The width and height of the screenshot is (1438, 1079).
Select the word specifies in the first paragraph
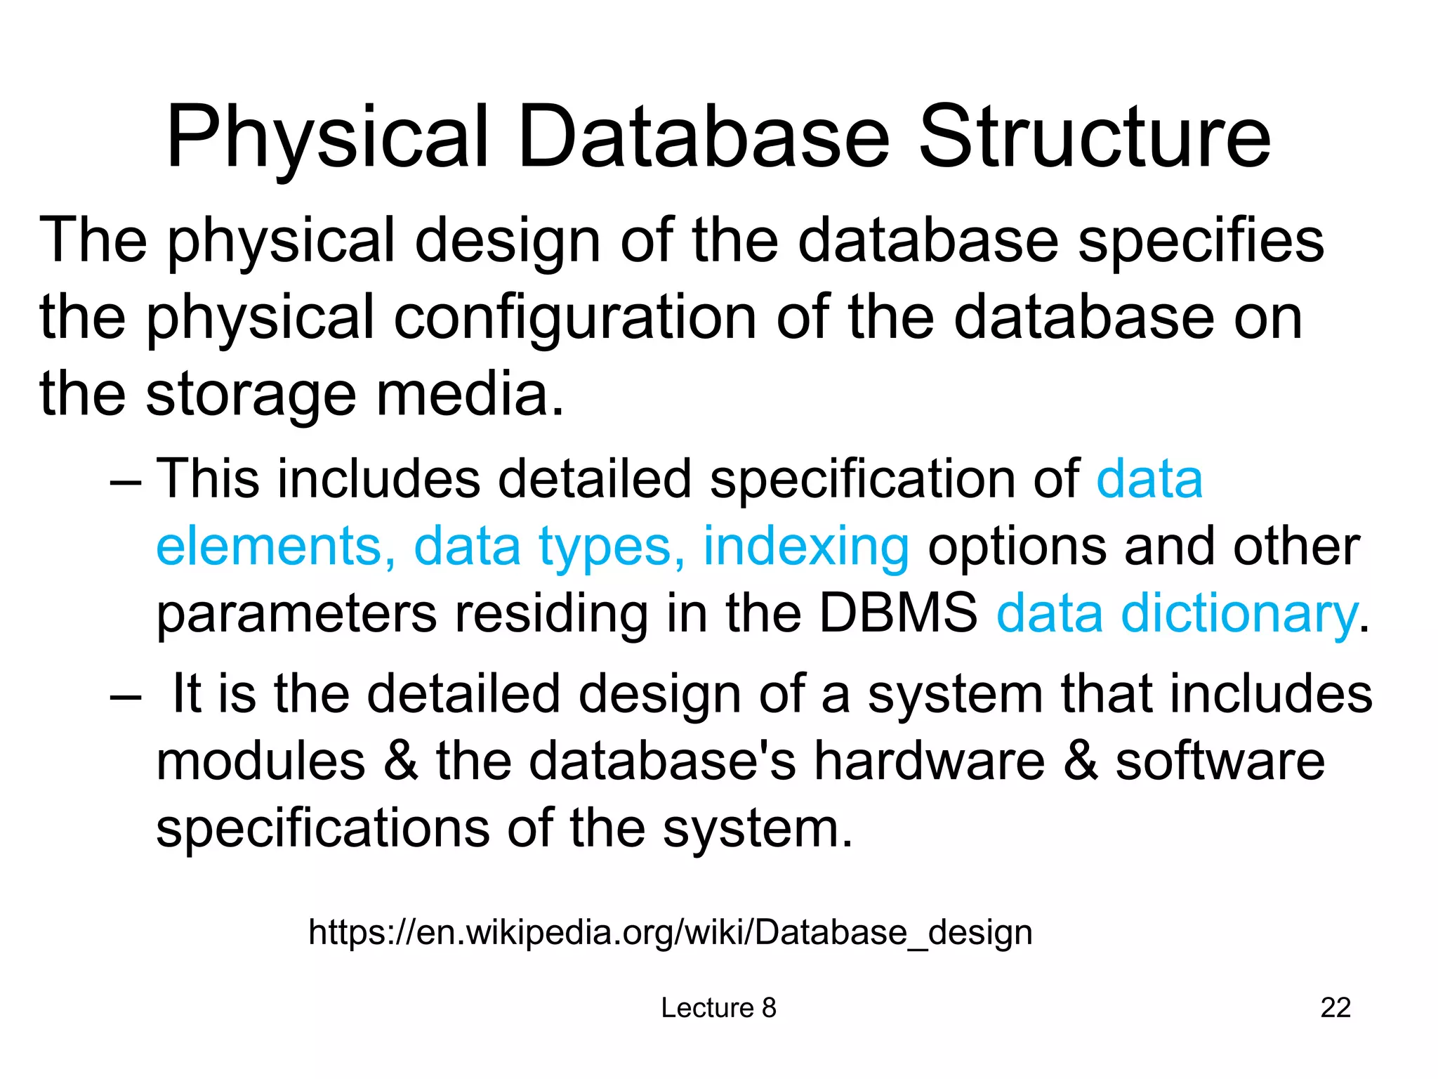coord(1201,241)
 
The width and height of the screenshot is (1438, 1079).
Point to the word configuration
coord(575,318)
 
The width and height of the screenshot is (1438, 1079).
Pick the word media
coord(470,395)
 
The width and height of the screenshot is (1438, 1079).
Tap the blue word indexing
coord(806,547)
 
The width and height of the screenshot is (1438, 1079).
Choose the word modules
coord(260,761)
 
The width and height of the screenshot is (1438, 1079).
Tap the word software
coord(1220,761)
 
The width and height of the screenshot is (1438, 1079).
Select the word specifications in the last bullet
coord(322,829)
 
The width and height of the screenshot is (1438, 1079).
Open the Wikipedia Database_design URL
coord(671,933)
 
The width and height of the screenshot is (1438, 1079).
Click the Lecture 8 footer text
coord(718,1008)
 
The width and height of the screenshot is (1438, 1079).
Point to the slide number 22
coord(1335,1008)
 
